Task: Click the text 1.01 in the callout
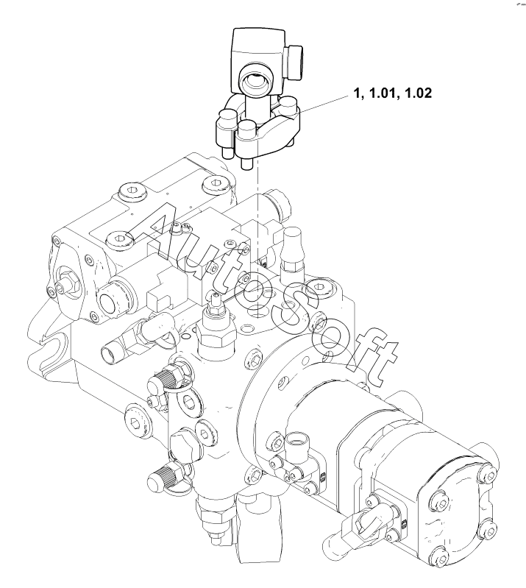point(382,93)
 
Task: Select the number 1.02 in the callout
point(418,93)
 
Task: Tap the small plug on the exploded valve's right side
point(294,63)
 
